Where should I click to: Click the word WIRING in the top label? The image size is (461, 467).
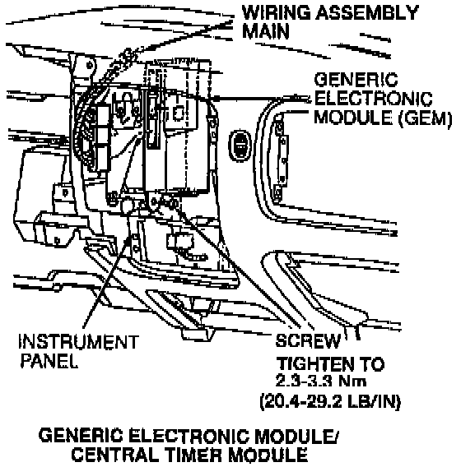pyautogui.click(x=276, y=13)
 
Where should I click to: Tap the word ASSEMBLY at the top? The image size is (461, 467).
pyautogui.click(x=367, y=13)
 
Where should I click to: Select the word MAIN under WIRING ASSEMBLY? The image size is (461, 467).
pyautogui.click(x=266, y=31)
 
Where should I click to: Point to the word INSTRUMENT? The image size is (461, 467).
pyautogui.click(x=79, y=341)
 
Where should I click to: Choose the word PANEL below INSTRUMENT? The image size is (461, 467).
pyautogui.click(x=49, y=360)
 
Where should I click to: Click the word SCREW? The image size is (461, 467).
pyautogui.click(x=308, y=340)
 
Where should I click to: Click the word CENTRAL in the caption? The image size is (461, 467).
pyautogui.click(x=114, y=455)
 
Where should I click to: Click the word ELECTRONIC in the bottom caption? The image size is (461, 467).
pyautogui.click(x=189, y=436)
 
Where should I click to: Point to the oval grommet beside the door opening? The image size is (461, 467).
pyautogui.click(x=240, y=146)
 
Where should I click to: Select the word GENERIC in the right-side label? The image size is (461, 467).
pyautogui.click(x=356, y=80)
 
